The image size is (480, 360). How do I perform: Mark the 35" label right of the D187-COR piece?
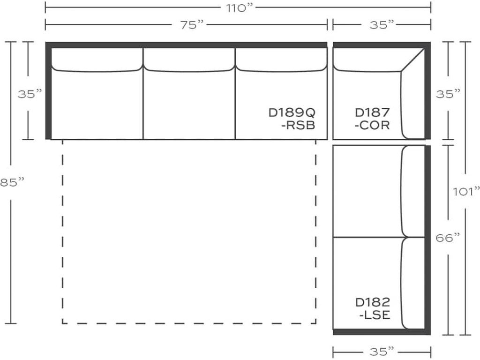pyautogui.click(x=448, y=94)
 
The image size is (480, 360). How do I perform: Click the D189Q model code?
pyautogui.click(x=292, y=113)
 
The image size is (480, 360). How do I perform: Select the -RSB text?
pyautogui.click(x=299, y=126)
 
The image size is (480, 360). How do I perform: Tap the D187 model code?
pyautogui.click(x=372, y=113)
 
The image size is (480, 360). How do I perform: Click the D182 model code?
pyautogui.click(x=372, y=302)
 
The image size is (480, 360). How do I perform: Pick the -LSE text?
pyautogui.click(x=375, y=315)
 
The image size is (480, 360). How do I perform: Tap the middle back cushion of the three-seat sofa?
pyautogui.click(x=189, y=60)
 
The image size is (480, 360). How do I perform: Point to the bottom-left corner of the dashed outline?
pyautogui.click(x=63, y=323)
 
